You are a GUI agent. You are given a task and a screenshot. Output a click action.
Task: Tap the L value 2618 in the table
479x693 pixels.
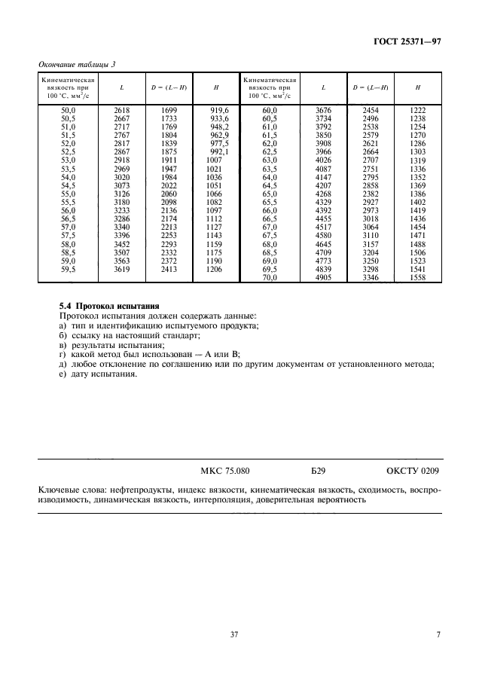tap(121, 110)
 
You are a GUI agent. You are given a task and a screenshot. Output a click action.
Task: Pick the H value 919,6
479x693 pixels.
tap(218, 110)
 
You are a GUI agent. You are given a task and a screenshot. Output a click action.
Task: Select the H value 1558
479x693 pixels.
tap(417, 277)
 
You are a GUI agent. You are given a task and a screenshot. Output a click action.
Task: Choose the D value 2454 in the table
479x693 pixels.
tap(371, 110)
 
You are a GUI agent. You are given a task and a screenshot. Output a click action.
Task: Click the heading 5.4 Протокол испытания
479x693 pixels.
tap(109, 306)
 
